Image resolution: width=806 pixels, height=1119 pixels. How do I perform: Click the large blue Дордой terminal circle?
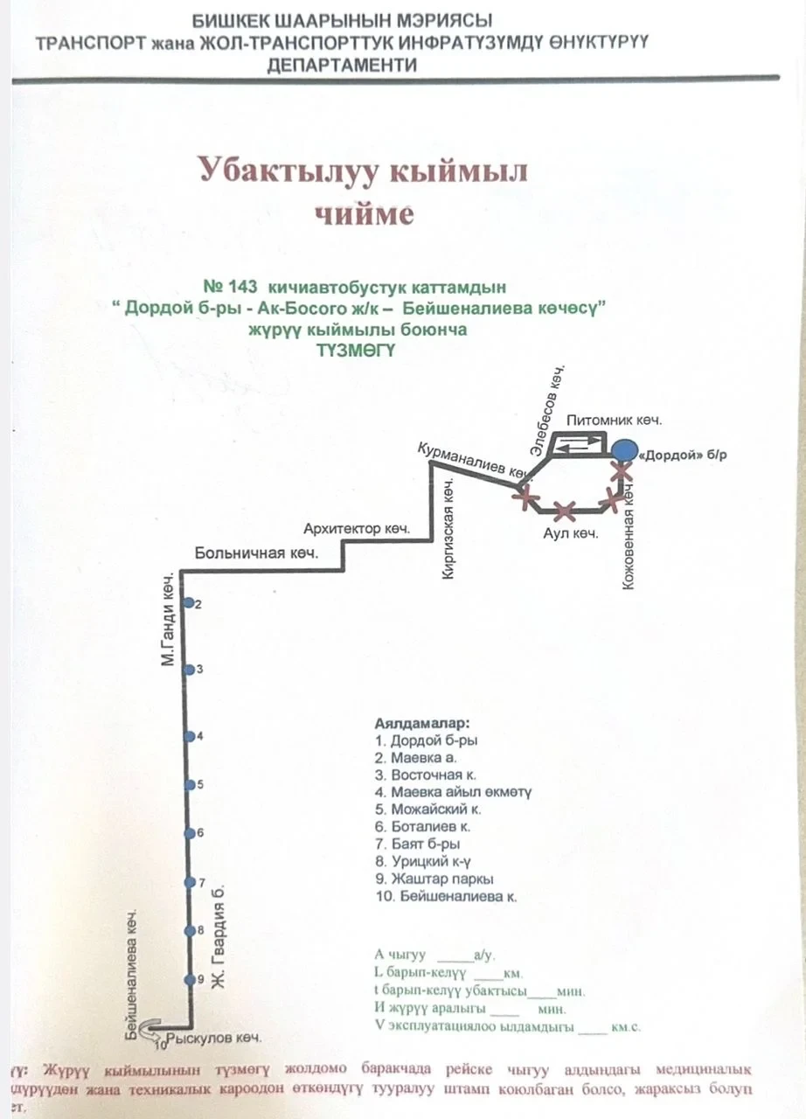point(623,451)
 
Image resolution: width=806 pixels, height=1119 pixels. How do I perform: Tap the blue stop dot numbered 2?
point(189,603)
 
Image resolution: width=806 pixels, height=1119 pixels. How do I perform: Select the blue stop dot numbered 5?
point(189,784)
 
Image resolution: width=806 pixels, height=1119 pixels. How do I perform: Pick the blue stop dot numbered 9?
point(189,979)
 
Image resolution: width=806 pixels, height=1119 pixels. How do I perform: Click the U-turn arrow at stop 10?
point(149,1027)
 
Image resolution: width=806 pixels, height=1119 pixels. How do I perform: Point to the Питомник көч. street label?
point(614,420)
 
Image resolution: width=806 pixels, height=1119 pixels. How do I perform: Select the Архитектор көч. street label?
point(357,529)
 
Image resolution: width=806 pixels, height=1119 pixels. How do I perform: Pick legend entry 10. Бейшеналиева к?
point(445,896)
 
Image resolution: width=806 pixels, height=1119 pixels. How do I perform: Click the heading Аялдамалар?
point(421,725)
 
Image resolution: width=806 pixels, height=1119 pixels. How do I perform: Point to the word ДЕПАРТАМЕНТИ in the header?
point(343,65)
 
